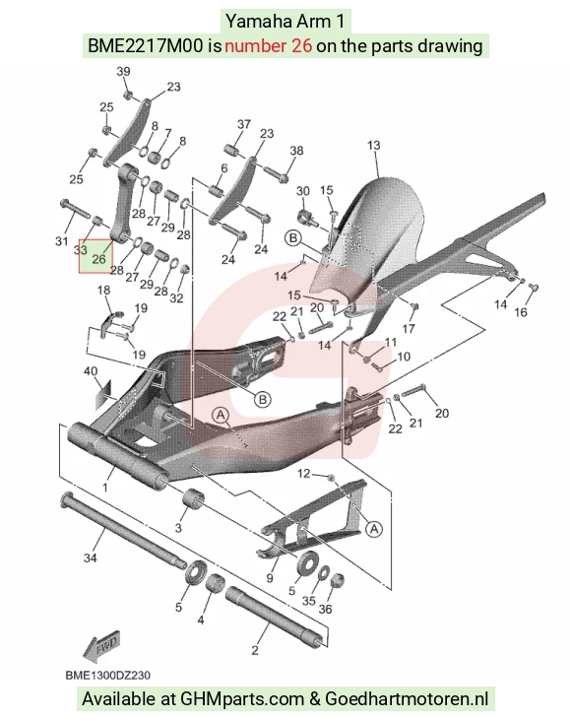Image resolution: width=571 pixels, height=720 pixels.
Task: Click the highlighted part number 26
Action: click(x=98, y=259)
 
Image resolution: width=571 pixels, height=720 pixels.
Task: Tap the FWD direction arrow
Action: click(x=102, y=646)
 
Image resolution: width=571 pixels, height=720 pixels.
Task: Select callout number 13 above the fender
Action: click(x=374, y=146)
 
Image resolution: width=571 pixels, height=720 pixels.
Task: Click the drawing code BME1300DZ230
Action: click(x=108, y=676)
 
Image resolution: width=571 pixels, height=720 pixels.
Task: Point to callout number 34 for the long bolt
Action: click(x=90, y=557)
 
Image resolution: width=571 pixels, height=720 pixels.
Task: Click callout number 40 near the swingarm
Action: click(x=91, y=370)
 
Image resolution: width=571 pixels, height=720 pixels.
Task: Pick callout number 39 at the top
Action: click(x=123, y=72)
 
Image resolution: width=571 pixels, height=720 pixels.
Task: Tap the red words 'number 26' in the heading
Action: click(x=269, y=46)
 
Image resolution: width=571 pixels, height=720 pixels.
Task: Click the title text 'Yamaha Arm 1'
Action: click(x=285, y=21)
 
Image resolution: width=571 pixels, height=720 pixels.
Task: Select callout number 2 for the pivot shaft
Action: click(x=255, y=650)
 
